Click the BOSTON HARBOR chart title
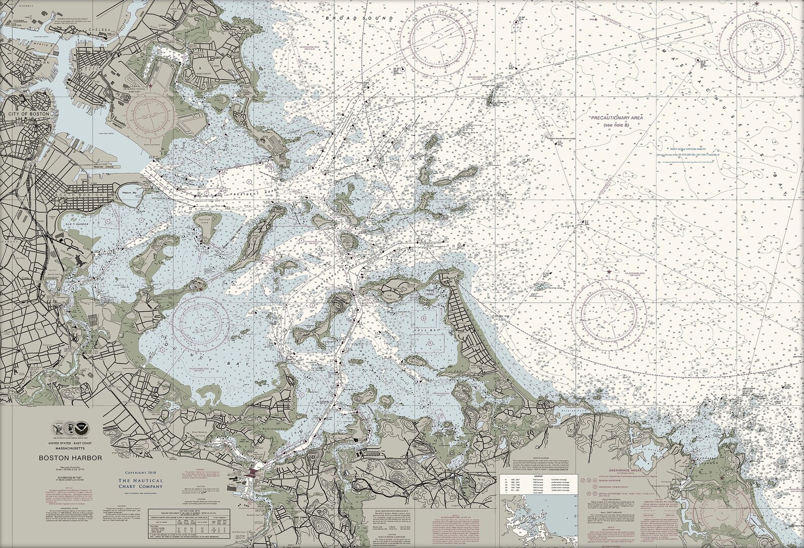pos(70,458)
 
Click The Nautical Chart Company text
pos(141,483)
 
